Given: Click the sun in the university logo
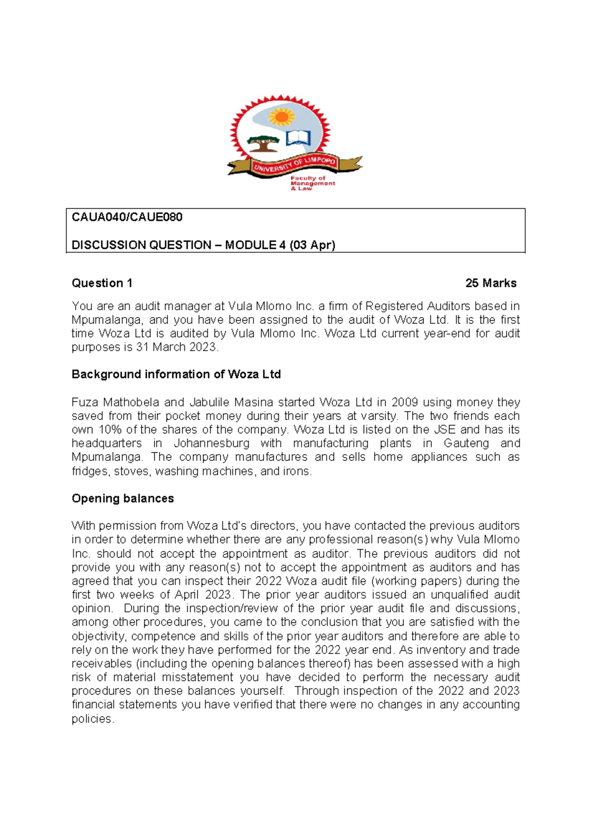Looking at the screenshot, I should [281, 117].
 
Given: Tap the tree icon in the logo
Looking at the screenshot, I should [262, 143].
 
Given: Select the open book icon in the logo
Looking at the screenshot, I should [299, 138].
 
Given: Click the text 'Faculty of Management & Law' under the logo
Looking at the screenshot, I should [312, 183].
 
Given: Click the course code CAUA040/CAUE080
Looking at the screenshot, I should [127, 217].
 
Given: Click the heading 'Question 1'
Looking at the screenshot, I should [102, 283].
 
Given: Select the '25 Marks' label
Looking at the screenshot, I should [491, 283].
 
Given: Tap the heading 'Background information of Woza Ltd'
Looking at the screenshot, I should [176, 374].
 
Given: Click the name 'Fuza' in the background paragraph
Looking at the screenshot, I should [85, 402].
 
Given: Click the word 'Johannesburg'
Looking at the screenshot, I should [212, 443].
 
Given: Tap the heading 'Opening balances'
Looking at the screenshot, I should [123, 498].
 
